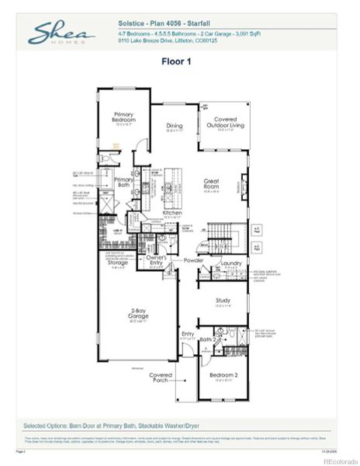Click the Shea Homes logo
point(61,33)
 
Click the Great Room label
point(212,184)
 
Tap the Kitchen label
point(172,213)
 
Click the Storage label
point(118,263)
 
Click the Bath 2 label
point(206,339)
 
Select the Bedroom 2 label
point(223,375)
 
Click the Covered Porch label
point(161,377)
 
